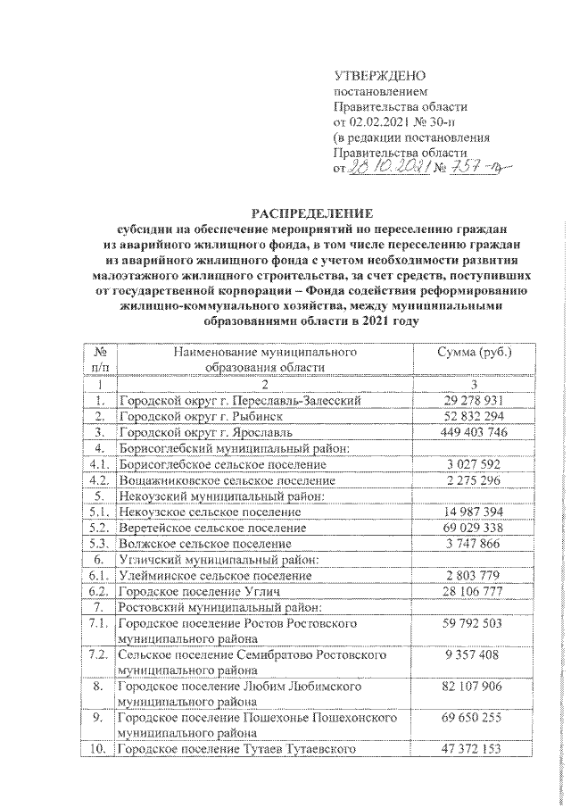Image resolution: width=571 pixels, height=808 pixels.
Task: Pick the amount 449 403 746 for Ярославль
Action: coord(474,432)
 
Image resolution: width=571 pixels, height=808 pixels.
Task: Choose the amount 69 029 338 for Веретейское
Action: coord(474,528)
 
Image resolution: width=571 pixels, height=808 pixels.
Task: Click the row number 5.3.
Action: coord(100,543)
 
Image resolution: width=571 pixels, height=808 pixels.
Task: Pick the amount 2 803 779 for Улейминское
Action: coord(474,575)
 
